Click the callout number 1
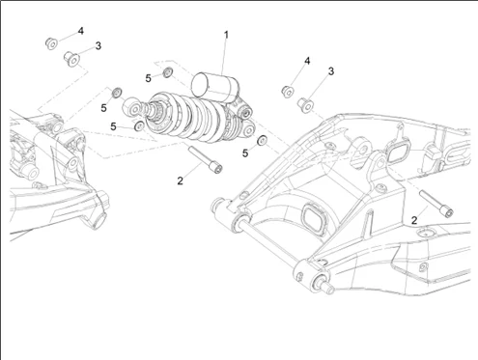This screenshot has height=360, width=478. pos(226,35)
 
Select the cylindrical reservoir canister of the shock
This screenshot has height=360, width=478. pos(215,85)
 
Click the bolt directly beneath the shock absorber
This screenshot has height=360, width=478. pos(206,159)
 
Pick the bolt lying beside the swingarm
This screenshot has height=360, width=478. pos(436,204)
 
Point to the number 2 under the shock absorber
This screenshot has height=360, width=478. pos(180,180)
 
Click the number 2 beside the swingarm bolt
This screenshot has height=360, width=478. pos(414,220)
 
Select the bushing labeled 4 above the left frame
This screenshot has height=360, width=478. pos(51,43)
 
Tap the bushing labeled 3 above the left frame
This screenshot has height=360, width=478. pos(71,59)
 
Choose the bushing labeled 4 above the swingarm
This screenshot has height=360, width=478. pos(288,92)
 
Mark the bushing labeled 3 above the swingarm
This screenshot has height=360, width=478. pos(306,105)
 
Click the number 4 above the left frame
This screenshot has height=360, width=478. pos(80,31)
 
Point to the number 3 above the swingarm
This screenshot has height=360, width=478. pos(331,71)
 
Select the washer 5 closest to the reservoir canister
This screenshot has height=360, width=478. pos(167,72)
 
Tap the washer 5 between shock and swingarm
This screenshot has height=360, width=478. pos(262,140)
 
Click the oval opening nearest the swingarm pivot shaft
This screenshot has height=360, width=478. pos(315,219)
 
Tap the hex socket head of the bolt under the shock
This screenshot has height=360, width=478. pos(216,168)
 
